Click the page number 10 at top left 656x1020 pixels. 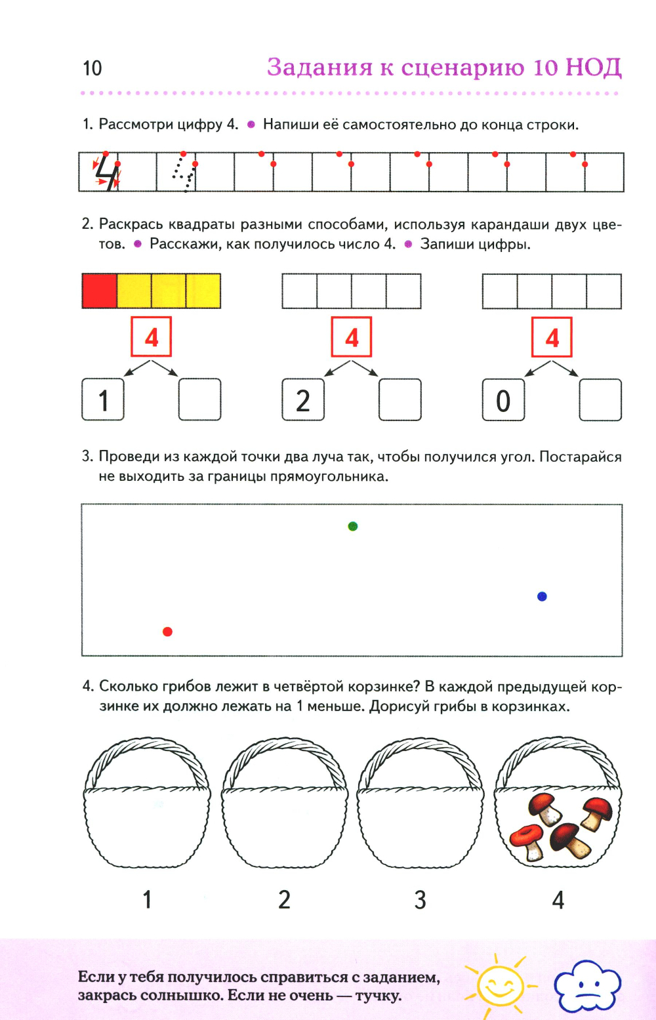(x=92, y=68)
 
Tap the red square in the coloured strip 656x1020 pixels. (x=99, y=291)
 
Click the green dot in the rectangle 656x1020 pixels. (x=353, y=526)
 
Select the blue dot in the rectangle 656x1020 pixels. (x=542, y=596)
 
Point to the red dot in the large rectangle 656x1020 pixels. (x=167, y=632)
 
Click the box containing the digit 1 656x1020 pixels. (x=103, y=399)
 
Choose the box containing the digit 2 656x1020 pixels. (x=303, y=399)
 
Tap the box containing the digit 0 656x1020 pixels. (x=503, y=399)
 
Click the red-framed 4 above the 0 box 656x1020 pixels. (x=552, y=337)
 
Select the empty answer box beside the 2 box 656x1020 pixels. (x=400, y=399)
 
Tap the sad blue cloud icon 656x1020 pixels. (x=587, y=986)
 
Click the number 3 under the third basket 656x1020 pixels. (x=420, y=899)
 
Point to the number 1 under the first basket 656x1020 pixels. (x=148, y=899)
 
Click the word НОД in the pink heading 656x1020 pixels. (x=593, y=68)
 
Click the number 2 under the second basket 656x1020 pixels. (x=284, y=899)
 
